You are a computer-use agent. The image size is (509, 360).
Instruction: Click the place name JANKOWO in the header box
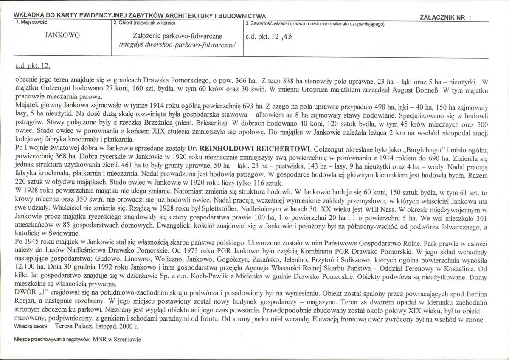click(x=62, y=36)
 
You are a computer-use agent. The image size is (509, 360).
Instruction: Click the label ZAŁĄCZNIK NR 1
click(x=445, y=17)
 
